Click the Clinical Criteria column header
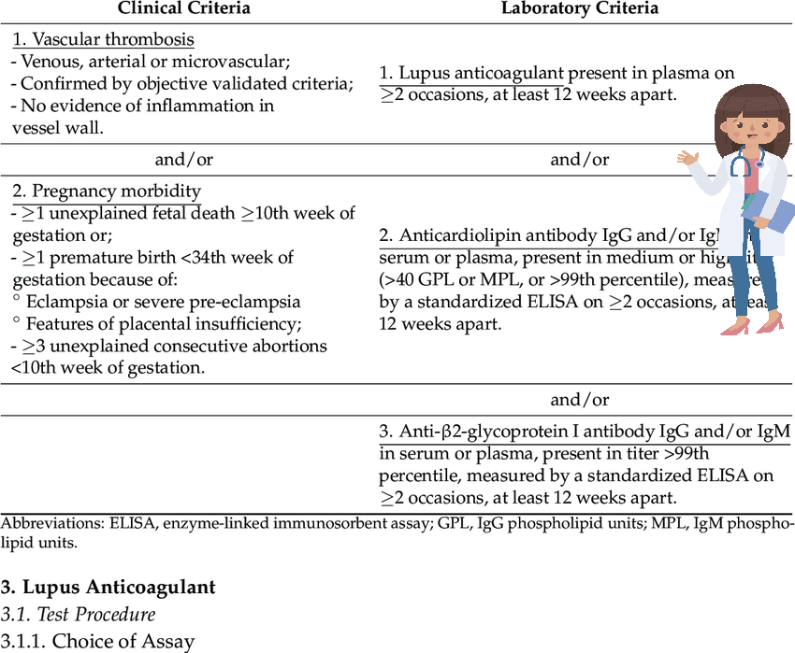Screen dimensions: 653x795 coord(183,8)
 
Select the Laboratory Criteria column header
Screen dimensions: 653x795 coord(580,8)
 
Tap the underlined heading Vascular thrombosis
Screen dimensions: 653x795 coord(103,39)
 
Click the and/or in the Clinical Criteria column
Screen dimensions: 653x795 coord(184,160)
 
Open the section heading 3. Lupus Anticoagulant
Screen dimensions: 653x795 coord(108,588)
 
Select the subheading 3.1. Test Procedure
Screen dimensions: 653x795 coord(78,615)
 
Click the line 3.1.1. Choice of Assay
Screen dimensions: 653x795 coord(97,641)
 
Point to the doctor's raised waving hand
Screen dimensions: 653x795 coord(689,158)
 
